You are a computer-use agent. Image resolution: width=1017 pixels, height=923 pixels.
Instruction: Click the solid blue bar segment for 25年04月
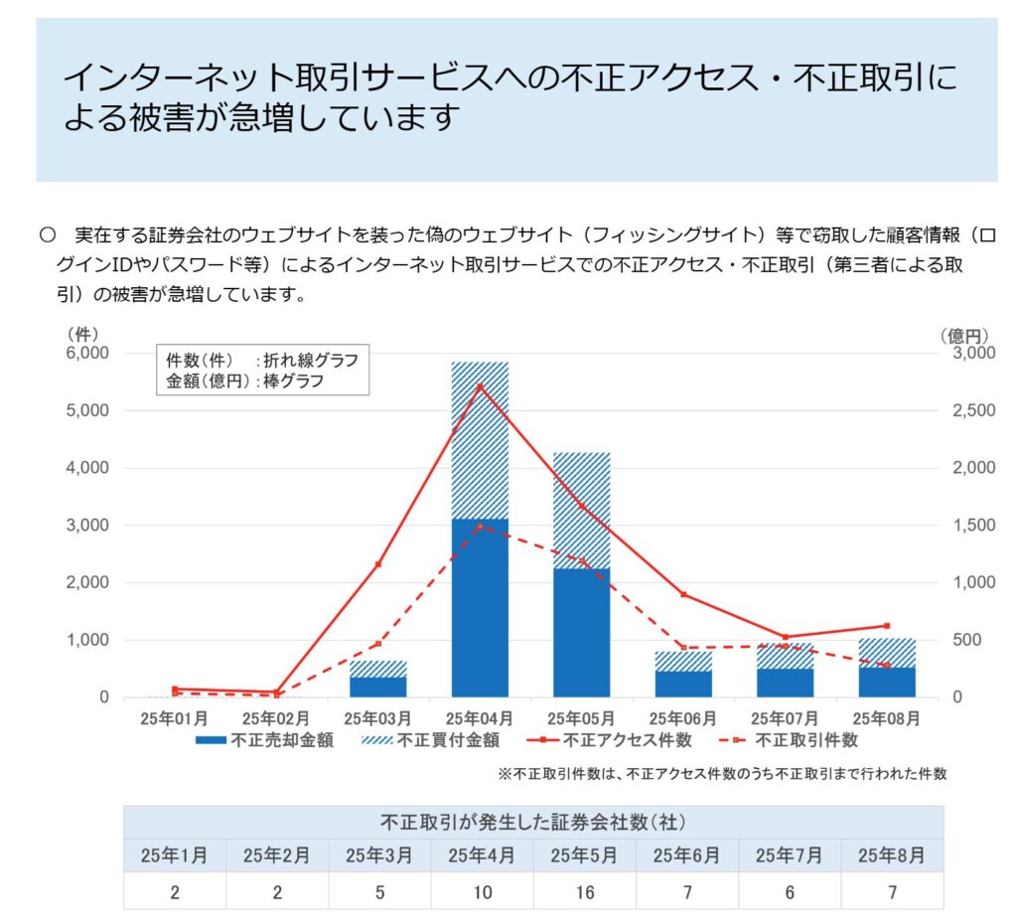coord(480,607)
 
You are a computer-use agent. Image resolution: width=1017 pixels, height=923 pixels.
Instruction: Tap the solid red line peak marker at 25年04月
coord(480,385)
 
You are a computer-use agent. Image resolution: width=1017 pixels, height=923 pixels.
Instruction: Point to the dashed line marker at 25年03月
coord(378,644)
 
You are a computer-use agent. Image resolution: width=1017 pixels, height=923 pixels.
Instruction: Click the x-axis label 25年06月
coord(682,717)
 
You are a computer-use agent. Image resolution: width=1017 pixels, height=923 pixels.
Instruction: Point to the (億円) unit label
coord(965,336)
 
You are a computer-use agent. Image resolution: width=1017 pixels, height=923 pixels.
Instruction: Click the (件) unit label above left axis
coord(81,336)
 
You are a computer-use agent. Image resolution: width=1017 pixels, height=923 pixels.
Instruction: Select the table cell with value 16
coord(584,892)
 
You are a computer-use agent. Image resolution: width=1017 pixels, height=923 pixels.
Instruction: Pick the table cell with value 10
coord(482,892)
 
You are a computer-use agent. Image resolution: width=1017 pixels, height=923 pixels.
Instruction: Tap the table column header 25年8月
coord(891,855)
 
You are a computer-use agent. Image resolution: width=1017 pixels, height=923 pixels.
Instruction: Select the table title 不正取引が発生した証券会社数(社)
coord(533,823)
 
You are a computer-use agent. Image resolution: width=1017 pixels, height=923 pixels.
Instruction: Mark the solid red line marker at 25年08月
coord(887,626)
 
